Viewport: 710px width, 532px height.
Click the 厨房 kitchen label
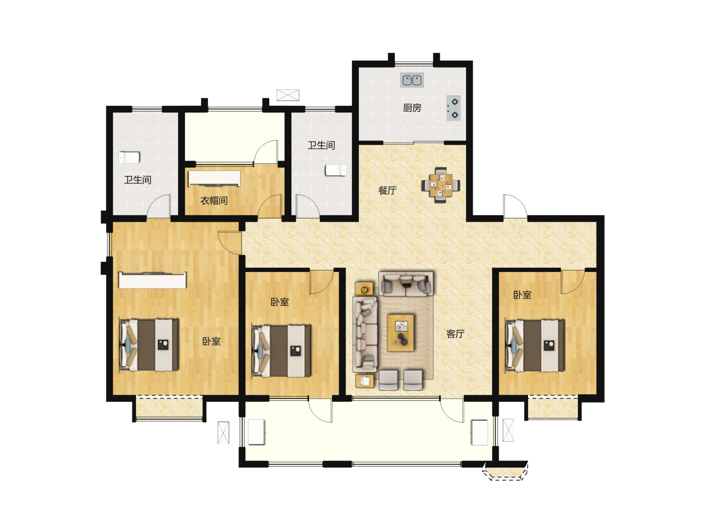pyautogui.click(x=412, y=108)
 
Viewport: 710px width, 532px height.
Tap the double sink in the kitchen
pyautogui.click(x=412, y=80)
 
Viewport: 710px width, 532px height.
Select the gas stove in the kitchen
pyautogui.click(x=453, y=108)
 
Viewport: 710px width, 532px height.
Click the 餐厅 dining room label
pyautogui.click(x=387, y=191)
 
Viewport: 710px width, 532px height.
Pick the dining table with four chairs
pyautogui.click(x=441, y=185)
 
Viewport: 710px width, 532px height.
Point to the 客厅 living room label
pyautogui.click(x=456, y=333)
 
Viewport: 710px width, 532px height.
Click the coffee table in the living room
pyautogui.click(x=401, y=332)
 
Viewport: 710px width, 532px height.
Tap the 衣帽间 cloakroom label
pyautogui.click(x=214, y=200)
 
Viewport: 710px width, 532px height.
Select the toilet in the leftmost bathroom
pyautogui.click(x=129, y=158)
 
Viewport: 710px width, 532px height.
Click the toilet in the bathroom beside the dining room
pyautogui.click(x=336, y=170)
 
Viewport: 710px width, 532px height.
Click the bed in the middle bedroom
pyautogui.click(x=281, y=351)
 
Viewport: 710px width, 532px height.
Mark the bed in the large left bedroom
pyautogui.click(x=149, y=345)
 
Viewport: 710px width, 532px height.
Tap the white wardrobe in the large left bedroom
pyautogui.click(x=152, y=280)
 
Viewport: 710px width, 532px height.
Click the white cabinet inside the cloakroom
pyautogui.click(x=214, y=179)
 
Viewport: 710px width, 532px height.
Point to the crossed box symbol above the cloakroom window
pyautogui.click(x=287, y=95)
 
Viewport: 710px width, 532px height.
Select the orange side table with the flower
pyautogui.click(x=364, y=289)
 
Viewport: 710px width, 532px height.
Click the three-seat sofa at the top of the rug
pyautogui.click(x=406, y=283)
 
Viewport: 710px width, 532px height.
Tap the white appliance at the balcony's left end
pyautogui.click(x=256, y=432)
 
